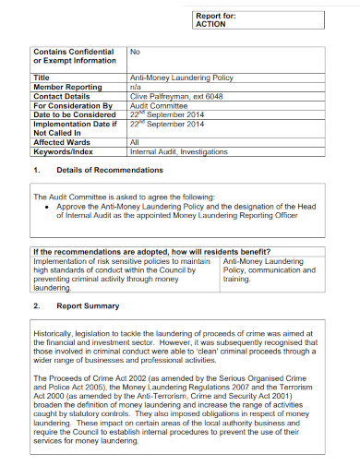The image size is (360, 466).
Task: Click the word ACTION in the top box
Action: pos(212,25)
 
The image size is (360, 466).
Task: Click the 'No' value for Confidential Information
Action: pos(135,53)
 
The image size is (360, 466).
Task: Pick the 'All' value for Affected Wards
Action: pos(134,142)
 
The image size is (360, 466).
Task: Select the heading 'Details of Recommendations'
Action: pos(110,171)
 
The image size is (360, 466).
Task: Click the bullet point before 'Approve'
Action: pos(46,209)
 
